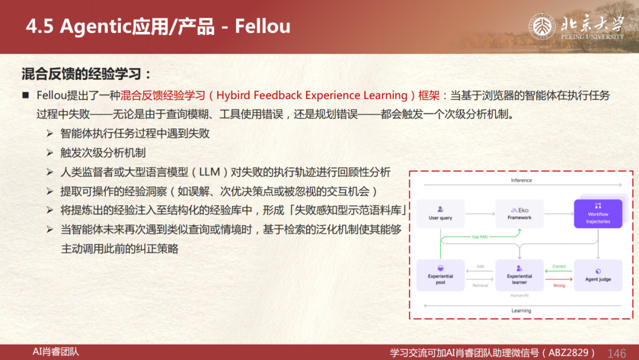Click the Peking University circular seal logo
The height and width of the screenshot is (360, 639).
[x=541, y=27]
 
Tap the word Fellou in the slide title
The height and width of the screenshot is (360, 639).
[x=263, y=27]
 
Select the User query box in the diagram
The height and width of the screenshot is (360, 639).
[x=440, y=214]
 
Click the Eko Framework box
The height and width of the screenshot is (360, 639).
[x=519, y=214]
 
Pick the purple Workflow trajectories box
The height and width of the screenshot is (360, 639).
[x=598, y=214]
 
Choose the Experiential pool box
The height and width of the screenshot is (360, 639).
[x=440, y=275]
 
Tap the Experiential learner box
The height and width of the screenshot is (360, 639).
[x=519, y=275]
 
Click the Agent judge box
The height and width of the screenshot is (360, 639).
[x=598, y=275]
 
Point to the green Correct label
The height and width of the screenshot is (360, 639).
[x=559, y=266]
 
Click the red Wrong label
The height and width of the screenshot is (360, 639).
[x=559, y=285]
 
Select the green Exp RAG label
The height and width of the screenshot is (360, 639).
[x=480, y=236]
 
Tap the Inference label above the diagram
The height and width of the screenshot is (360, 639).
[x=521, y=180]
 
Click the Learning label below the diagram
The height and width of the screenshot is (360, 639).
[x=521, y=311]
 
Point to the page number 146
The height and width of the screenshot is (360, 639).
[x=617, y=353]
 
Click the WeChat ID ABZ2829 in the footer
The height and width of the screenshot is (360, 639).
[x=568, y=353]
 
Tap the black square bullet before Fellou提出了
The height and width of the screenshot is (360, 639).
[x=25, y=95]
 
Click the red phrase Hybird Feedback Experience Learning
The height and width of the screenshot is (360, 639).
[x=312, y=95]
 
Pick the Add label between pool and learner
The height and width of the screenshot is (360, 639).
[x=480, y=266]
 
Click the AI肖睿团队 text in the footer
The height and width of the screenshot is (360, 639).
[x=56, y=352]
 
